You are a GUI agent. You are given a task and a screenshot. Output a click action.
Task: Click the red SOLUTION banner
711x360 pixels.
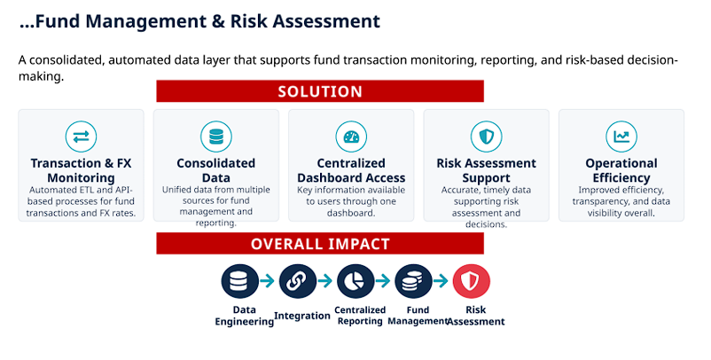[x=320, y=91]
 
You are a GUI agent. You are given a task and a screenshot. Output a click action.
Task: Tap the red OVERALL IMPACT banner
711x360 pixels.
[x=320, y=244]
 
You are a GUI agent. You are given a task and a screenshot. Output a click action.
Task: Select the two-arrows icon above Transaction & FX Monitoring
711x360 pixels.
[x=82, y=137]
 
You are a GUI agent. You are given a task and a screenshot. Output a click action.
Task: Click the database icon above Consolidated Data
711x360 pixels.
[x=216, y=137]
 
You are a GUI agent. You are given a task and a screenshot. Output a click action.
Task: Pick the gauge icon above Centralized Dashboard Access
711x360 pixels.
[x=351, y=137]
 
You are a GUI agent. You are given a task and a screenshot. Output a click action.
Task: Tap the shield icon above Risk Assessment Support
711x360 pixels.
[x=487, y=137]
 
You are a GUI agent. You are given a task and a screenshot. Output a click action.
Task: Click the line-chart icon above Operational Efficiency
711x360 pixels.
[x=621, y=137]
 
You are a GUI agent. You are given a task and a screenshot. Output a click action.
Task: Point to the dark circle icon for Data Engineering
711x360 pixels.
[x=240, y=281]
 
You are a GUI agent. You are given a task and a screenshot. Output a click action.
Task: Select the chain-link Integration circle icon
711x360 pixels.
[x=298, y=281]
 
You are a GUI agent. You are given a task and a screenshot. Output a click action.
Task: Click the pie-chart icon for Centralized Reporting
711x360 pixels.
[x=356, y=281]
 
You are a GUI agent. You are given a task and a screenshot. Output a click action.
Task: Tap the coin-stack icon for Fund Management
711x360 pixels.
[x=413, y=281]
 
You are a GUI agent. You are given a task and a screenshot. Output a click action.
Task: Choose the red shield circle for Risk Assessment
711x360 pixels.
[x=472, y=281]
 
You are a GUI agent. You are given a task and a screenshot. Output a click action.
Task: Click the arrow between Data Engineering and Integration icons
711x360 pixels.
[x=268, y=281]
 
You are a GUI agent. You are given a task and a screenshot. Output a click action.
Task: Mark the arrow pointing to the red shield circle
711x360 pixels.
[x=441, y=281]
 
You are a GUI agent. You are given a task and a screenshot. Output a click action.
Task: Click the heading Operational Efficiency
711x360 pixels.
[x=621, y=170]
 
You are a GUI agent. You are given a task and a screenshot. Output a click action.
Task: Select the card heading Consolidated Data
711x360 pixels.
[x=215, y=170]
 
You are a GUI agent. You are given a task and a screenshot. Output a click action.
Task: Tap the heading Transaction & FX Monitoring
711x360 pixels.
[x=82, y=170]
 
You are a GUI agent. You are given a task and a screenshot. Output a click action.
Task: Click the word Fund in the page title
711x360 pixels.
[x=57, y=21]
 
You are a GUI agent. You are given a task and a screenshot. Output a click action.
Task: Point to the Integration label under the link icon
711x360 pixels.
[x=302, y=316]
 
